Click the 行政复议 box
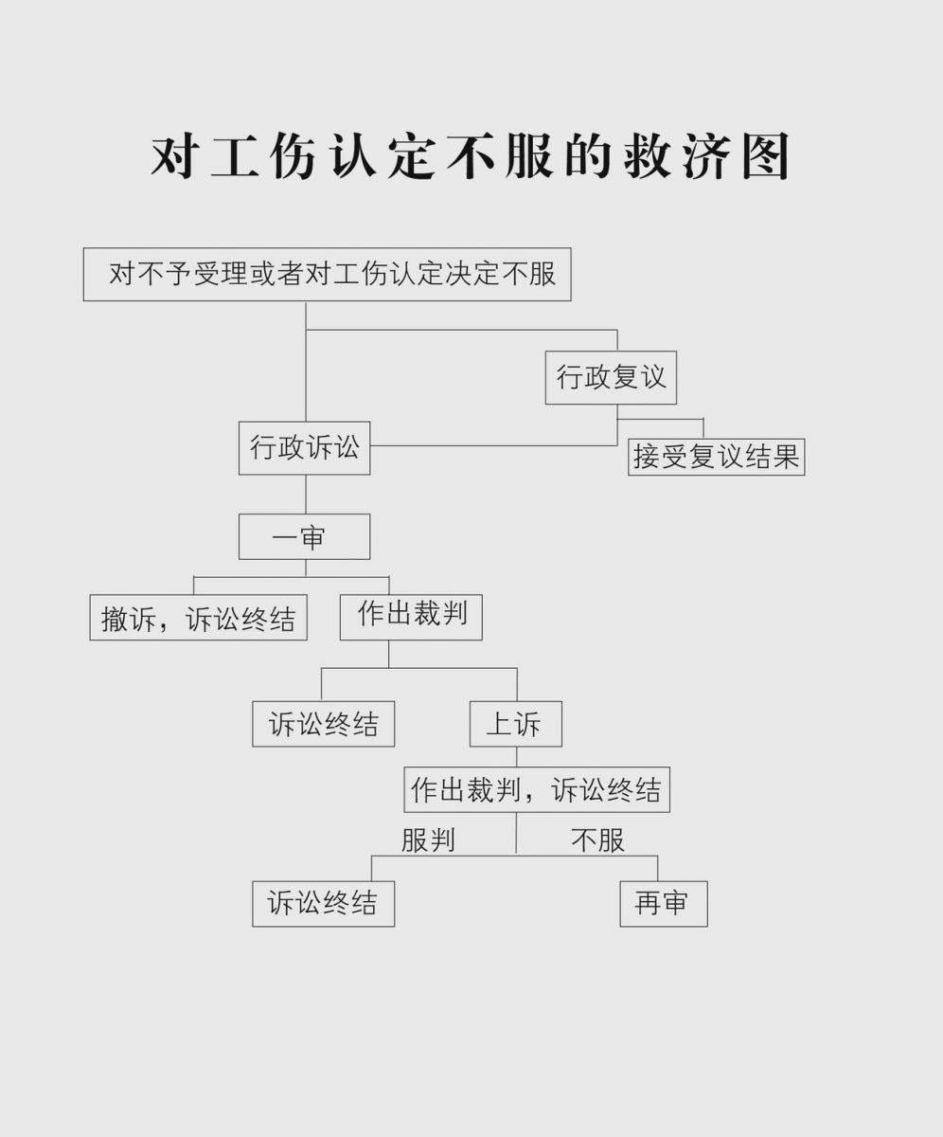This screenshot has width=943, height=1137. click(x=611, y=377)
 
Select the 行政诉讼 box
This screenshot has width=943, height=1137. click(x=304, y=447)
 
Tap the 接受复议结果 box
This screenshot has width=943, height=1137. click(x=716, y=457)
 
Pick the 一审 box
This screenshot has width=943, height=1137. click(x=304, y=536)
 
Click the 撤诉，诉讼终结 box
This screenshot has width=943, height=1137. click(x=198, y=617)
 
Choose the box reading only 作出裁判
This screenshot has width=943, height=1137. click(x=411, y=617)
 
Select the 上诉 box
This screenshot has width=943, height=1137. click(x=516, y=724)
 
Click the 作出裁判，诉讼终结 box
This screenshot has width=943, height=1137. click(x=537, y=789)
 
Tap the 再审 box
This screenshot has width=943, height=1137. click(x=664, y=904)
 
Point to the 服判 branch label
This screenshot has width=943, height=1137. click(x=428, y=840)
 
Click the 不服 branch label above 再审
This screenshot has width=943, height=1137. click(x=597, y=840)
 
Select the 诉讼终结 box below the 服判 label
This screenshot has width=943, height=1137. click(x=323, y=904)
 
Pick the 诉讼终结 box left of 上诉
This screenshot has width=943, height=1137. click(x=323, y=724)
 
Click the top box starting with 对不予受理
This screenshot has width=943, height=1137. click(x=327, y=275)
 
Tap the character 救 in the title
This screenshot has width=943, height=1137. click(x=647, y=156)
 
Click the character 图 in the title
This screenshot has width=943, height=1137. click(x=766, y=156)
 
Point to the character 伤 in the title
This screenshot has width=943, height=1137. click(x=294, y=156)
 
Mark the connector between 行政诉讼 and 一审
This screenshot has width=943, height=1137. click(x=306, y=495)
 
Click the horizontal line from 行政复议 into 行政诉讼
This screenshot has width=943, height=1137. click(x=493, y=445)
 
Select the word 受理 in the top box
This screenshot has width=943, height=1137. click(x=221, y=274)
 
